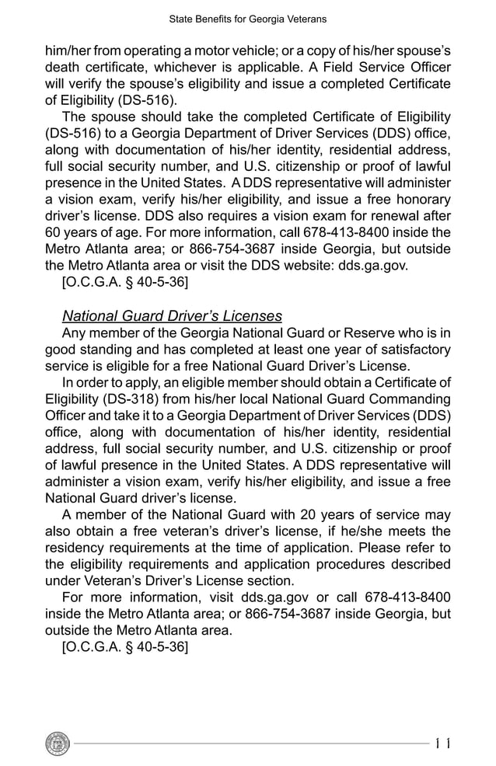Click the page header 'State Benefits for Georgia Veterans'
247,18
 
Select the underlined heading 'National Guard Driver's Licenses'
172,316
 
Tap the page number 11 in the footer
443,743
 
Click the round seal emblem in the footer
58,743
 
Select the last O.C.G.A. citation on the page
124,646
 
